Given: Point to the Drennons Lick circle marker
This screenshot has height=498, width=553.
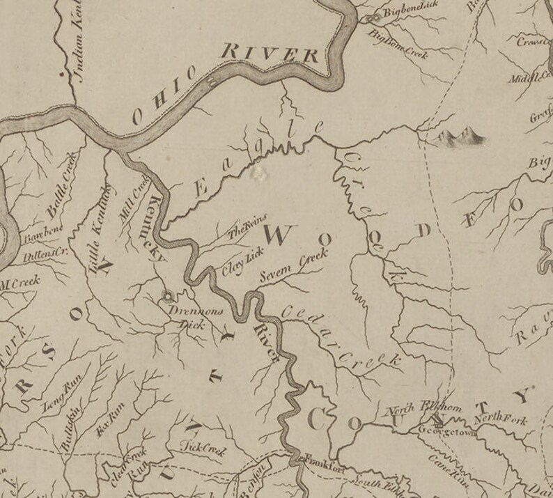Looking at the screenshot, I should point(166,295).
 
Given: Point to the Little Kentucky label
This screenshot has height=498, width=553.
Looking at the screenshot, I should point(100,226).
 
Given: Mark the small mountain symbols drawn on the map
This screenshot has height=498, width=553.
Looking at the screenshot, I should point(457,137).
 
